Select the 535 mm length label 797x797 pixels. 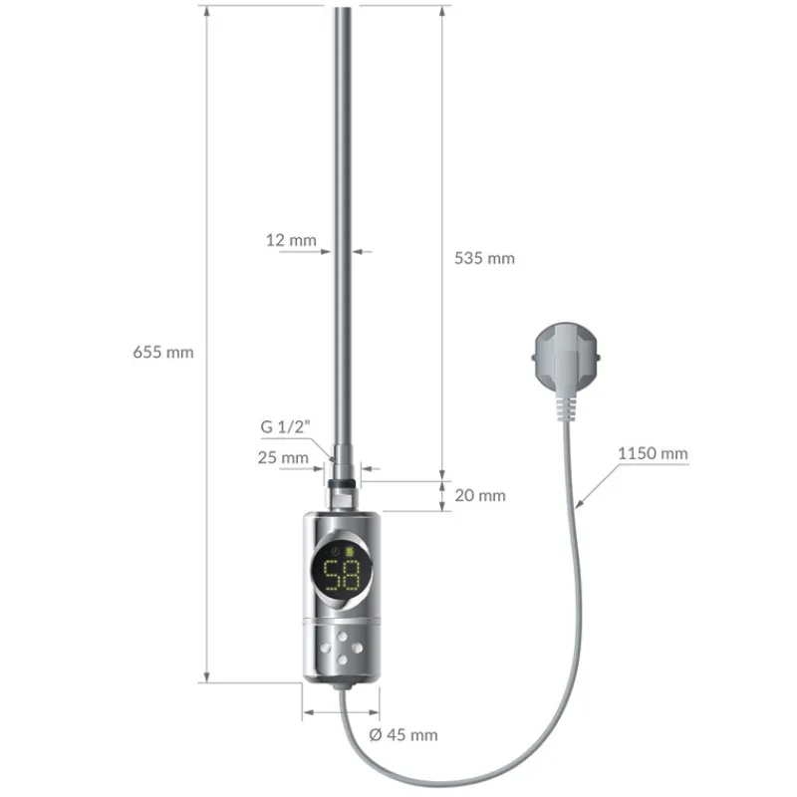484,258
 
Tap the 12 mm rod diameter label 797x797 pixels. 291,240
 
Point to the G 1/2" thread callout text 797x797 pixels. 288,426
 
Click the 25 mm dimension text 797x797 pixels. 283,458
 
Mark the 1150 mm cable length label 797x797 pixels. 653,453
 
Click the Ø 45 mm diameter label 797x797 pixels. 402,735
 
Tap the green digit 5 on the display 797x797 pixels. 330,576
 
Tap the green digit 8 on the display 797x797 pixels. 352,576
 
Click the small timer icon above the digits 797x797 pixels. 336,551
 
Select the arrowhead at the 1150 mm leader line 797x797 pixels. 578,508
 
